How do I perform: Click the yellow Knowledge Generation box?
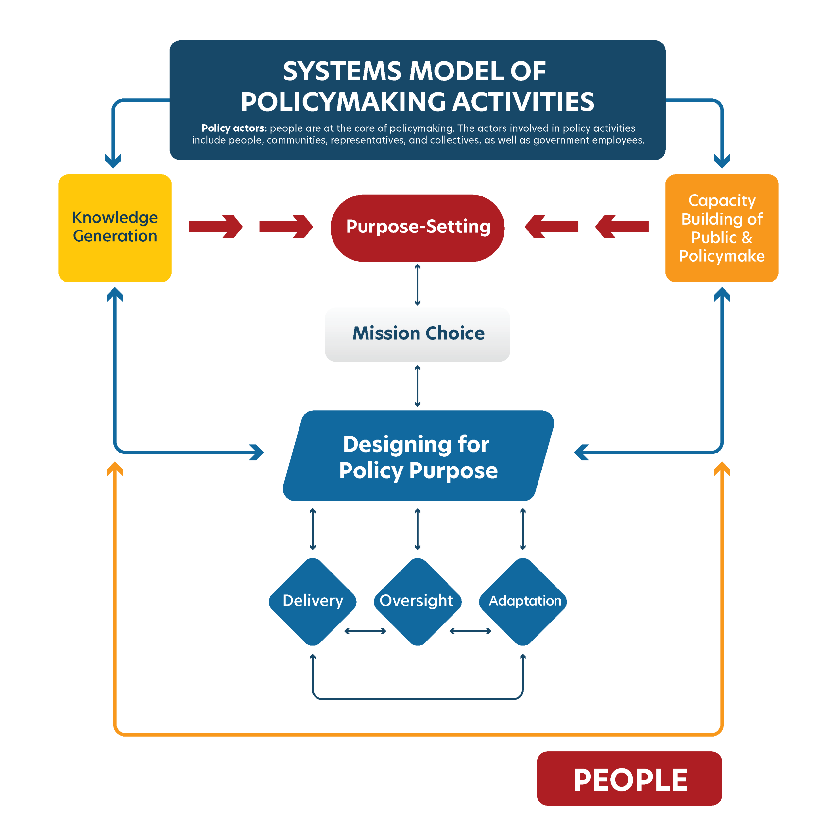[115, 228]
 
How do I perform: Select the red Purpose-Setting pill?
[417, 228]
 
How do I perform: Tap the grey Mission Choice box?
[417, 334]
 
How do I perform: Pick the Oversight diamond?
[417, 601]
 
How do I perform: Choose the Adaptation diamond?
[522, 601]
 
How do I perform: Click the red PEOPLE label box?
[629, 778]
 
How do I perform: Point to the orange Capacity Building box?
[722, 228]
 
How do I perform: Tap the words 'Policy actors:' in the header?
[234, 128]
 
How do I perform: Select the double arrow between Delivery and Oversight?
[365, 631]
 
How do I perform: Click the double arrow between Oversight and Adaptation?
[470, 631]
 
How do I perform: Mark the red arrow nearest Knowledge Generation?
[215, 227]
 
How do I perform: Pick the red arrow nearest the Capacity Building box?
[622, 227]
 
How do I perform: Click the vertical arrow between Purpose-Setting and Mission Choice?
[417, 285]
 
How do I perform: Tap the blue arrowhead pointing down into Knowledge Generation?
[113, 161]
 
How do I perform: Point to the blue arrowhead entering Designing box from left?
[257, 452]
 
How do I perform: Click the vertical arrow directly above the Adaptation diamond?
[522, 529]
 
